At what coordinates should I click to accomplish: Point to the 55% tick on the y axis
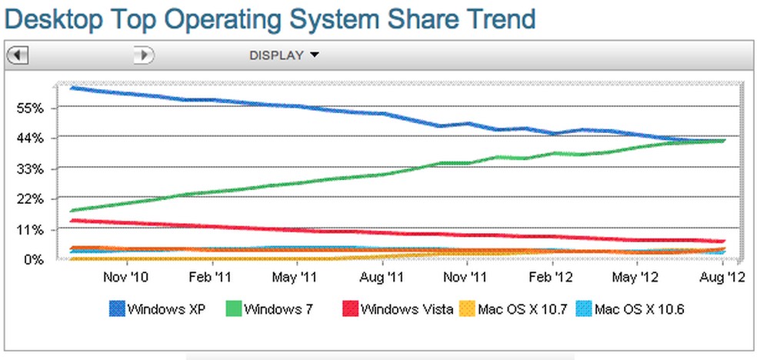coord(32,108)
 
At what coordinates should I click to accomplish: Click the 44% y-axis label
coord(32,138)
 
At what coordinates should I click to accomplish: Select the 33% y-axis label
coord(32,169)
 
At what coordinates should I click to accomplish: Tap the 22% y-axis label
coord(32,199)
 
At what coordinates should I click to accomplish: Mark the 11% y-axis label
coord(32,230)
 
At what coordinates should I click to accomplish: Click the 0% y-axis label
coord(35,260)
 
